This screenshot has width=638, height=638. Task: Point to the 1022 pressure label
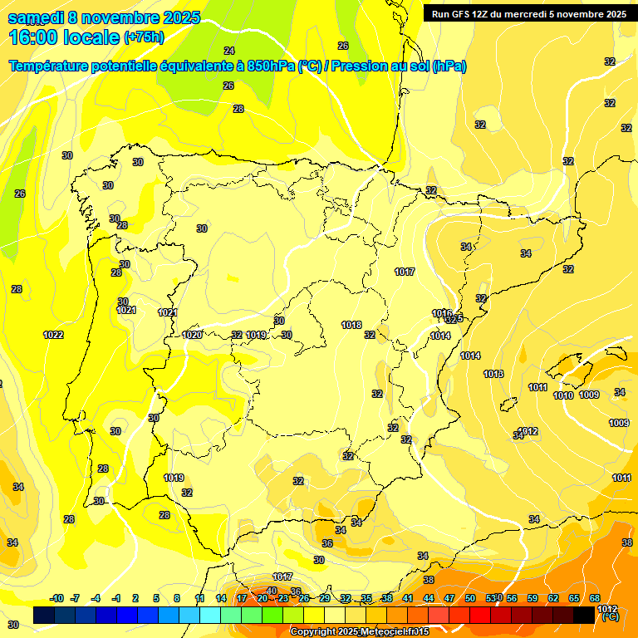coord(53,335)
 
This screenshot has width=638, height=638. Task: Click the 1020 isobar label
coord(192,335)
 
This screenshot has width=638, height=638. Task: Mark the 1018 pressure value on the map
coord(351,325)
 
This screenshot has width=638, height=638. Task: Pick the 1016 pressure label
coord(442,313)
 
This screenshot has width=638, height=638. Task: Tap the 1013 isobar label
coord(493,374)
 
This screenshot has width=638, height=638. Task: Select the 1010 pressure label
coord(563,395)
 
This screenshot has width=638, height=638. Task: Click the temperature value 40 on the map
coord(272,591)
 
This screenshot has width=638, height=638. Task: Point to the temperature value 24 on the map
coord(229,51)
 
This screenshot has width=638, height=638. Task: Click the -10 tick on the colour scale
coord(57,598)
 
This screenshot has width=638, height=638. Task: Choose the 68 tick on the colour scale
coord(595,598)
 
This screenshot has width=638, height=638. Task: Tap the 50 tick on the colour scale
coord(470,598)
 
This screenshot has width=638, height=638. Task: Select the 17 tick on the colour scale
coord(242,598)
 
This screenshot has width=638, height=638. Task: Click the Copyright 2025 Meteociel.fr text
coord(359,632)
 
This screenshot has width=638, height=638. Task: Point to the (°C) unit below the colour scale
coord(610,617)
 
